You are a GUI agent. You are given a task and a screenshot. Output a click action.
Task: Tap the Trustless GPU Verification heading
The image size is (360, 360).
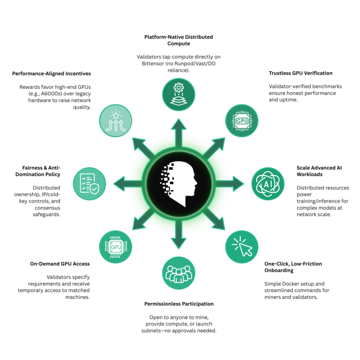pos(301,73)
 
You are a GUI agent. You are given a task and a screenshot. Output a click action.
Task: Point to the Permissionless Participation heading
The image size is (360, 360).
pos(179,303)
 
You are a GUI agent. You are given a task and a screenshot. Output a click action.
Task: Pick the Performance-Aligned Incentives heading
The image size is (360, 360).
pos(51,73)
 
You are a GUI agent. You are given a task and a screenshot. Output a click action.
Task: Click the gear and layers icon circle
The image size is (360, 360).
pos(179,93)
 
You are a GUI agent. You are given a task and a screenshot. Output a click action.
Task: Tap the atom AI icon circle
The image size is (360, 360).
pos(268,184)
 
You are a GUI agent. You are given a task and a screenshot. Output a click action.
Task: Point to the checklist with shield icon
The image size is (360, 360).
pos(90,184)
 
